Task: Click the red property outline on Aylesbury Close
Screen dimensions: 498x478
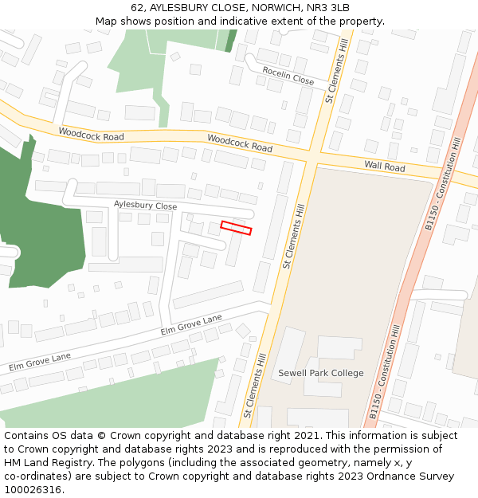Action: pyautogui.click(x=236, y=228)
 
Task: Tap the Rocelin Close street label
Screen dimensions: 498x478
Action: pyautogui.click(x=288, y=76)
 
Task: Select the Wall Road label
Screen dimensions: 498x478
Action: pyautogui.click(x=385, y=167)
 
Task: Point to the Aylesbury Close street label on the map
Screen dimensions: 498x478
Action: pyautogui.click(x=145, y=206)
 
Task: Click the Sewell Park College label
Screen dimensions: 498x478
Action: pyautogui.click(x=320, y=373)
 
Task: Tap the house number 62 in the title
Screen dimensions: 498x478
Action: pyautogui.click(x=137, y=8)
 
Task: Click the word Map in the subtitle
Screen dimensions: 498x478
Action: pyautogui.click(x=107, y=21)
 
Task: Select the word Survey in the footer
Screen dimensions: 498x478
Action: pyautogui.click(x=437, y=476)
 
